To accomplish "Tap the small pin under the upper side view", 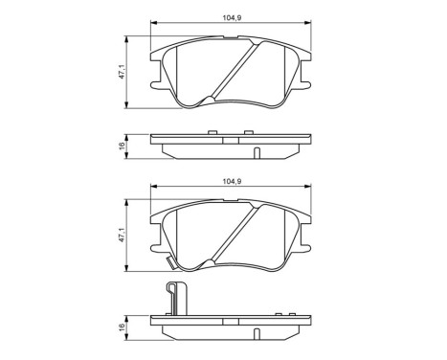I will pyautogui.click(x=257, y=153).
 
